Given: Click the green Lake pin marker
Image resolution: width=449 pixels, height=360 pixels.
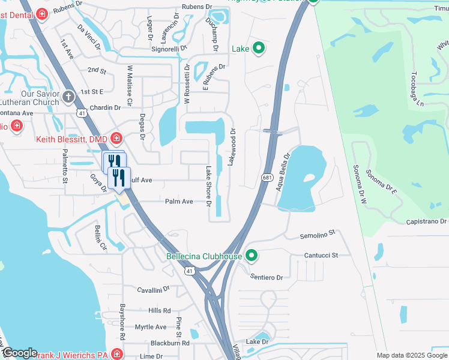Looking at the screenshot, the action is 259,48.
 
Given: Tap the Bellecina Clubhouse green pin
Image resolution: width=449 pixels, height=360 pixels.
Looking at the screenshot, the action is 252,256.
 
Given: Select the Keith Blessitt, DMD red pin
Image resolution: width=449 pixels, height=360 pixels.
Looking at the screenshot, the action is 116,139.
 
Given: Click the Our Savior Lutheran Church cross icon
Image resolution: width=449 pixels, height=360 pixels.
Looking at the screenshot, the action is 68,96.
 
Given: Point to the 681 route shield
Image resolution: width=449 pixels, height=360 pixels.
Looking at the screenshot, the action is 268,178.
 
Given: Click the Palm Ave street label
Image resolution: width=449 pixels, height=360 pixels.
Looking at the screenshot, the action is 179,202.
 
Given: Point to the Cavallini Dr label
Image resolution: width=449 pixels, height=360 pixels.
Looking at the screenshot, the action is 154,290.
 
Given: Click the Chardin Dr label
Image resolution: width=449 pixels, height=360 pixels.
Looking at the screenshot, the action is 105,107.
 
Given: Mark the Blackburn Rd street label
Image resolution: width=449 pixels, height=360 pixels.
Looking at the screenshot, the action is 170,343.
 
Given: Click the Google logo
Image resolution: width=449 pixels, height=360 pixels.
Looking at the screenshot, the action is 19,353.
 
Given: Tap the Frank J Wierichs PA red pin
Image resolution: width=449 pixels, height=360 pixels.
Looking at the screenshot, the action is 116,355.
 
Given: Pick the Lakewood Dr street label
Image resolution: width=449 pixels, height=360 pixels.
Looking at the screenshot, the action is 232,147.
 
